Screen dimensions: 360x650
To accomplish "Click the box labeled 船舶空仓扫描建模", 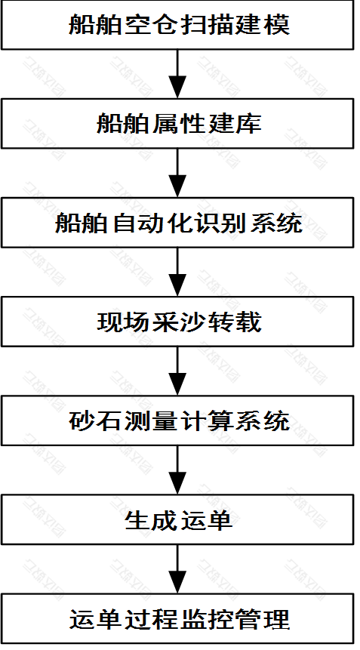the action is click(177, 25).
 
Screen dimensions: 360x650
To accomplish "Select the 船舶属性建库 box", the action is click(177, 124).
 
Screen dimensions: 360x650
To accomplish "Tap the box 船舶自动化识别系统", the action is click(177, 223).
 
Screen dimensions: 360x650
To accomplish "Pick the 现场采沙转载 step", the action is click(177, 322).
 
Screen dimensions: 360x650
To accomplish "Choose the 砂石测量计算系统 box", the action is click(177, 420).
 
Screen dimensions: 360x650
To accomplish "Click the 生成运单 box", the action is click(177, 519).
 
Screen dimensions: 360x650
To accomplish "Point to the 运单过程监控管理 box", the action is click(177, 618).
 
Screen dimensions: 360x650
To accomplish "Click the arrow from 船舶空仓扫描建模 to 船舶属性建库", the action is click(177, 74).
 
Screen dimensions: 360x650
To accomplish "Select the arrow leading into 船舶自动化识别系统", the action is click(177, 173).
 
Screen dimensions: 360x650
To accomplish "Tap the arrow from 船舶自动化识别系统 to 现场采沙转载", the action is click(177, 272).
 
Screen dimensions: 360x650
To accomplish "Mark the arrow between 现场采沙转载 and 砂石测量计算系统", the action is click(177, 371).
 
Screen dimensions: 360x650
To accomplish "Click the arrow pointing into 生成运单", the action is click(177, 470).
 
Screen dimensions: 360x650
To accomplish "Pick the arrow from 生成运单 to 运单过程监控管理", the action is click(177, 569).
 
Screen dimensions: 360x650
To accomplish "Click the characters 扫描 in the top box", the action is click(206, 25).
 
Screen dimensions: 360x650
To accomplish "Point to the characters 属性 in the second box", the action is click(179, 124).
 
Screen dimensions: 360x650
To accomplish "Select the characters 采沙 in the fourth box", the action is click(179, 322).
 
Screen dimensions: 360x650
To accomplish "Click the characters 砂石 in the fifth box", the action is click(96, 421).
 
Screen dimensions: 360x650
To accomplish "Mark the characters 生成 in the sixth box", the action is click(151, 520).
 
